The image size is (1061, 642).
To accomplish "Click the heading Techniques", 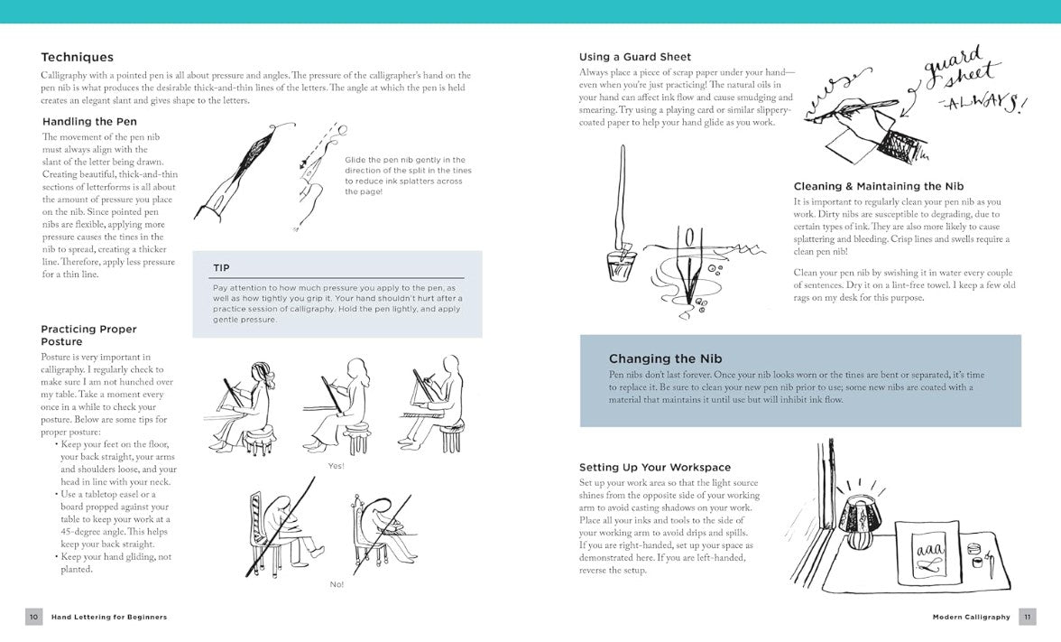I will coord(77,57).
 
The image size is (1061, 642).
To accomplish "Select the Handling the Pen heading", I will coord(89,121).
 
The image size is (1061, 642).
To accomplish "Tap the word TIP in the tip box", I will coord(221,267).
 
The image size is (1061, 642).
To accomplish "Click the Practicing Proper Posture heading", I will coord(88,335).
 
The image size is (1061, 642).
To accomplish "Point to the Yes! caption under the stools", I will coord(336,466).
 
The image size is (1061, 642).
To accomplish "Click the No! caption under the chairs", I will coord(337,584).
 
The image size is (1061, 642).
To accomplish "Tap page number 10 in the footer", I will coord(33,617).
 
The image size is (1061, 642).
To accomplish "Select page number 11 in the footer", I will coord(1027,617).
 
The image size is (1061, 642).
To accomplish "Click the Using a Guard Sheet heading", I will coord(630,57).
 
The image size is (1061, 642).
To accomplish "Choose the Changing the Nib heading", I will coord(665,358).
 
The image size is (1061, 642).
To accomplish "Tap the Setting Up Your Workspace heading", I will coord(655,467).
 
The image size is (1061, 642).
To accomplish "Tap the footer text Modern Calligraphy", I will coord(971,617).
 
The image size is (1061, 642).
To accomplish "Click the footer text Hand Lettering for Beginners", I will coord(109,617).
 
